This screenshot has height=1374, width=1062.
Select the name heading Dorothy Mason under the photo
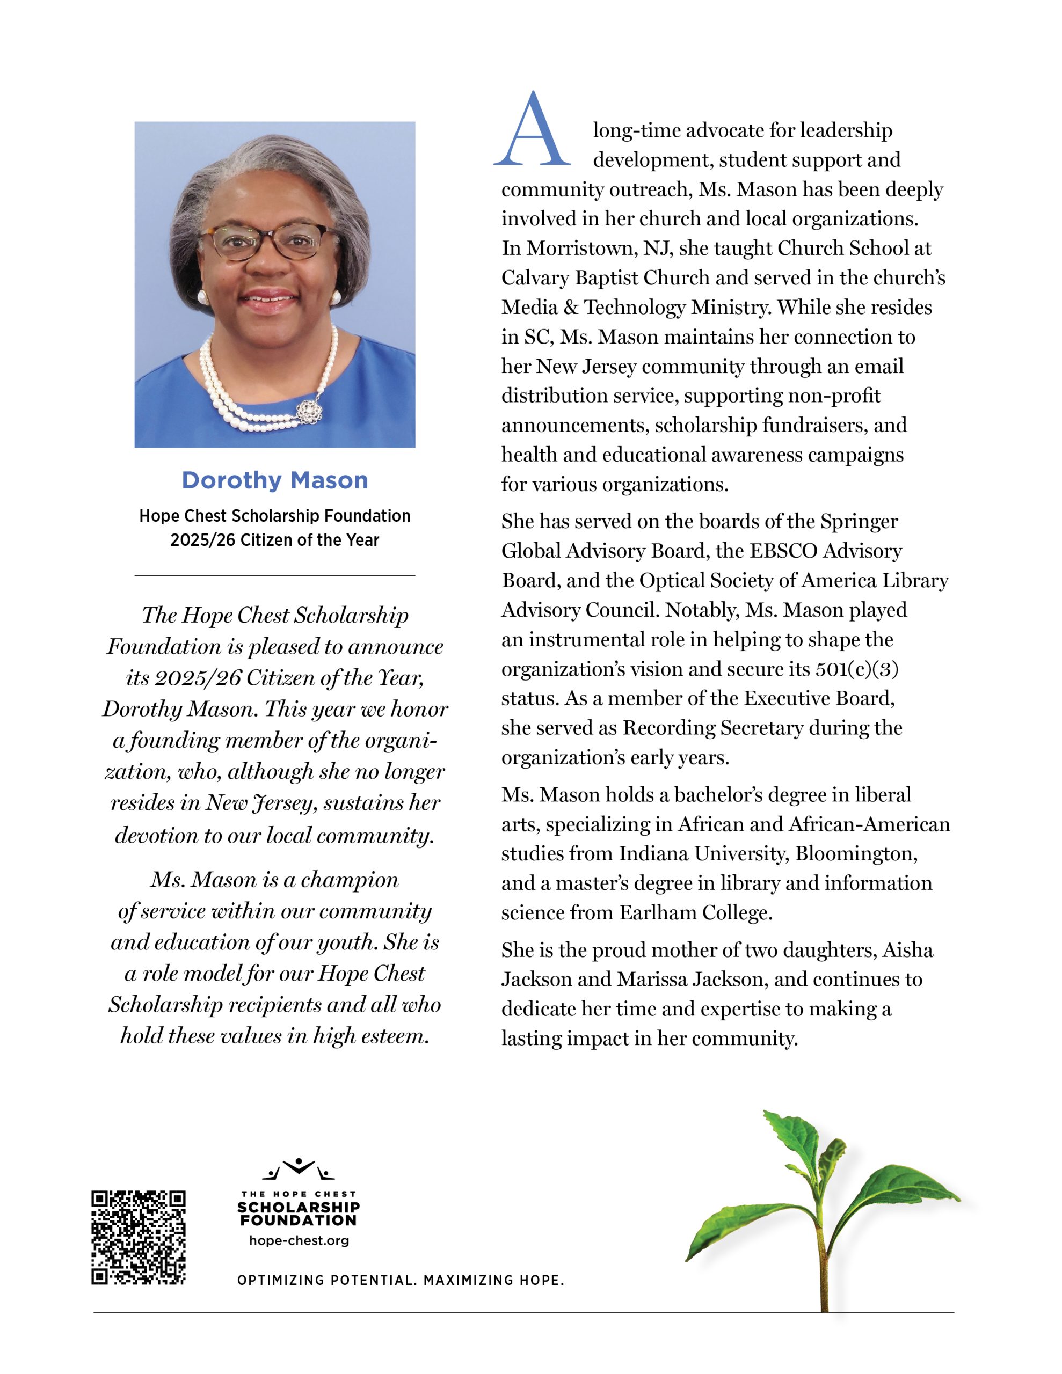click(274, 481)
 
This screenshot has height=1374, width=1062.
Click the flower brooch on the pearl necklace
click(310, 411)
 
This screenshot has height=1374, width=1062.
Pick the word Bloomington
click(855, 854)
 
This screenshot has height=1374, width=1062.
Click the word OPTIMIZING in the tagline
click(281, 1280)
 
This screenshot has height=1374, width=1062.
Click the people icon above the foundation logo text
click(299, 1169)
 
